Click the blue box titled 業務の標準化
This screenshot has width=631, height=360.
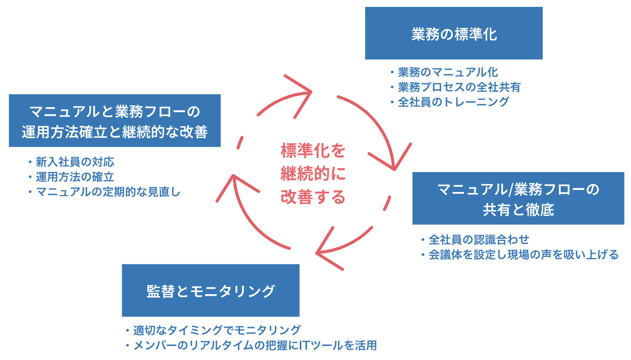(x=453, y=33)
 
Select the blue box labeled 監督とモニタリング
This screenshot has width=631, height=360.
(x=210, y=290)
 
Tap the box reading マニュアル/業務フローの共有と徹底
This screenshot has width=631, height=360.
(x=518, y=198)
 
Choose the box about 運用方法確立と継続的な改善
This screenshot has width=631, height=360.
(x=115, y=121)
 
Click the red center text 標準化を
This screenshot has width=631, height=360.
(x=313, y=151)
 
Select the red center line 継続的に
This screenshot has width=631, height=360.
(x=313, y=174)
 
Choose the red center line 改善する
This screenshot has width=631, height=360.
(x=313, y=196)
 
